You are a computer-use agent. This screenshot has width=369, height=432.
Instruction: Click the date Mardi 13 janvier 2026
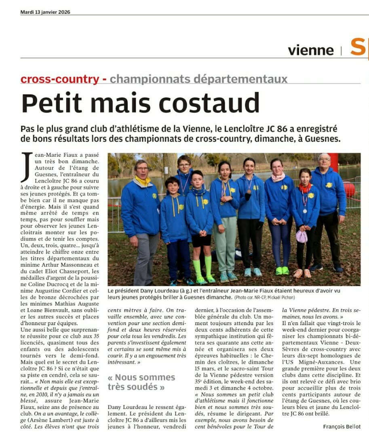click(x=45, y=12)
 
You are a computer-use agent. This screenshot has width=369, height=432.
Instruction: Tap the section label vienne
click(x=311, y=50)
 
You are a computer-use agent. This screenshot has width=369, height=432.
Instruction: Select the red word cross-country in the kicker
click(x=59, y=79)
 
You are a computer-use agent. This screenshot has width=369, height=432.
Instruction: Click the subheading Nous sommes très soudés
click(x=141, y=382)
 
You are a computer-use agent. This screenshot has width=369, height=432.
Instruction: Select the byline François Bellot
click(x=342, y=426)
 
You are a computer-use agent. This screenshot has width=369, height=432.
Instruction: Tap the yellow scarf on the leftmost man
click(x=142, y=181)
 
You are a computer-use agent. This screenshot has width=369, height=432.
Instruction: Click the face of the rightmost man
click(x=324, y=161)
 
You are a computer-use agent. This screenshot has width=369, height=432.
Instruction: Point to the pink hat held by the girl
click(x=302, y=236)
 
